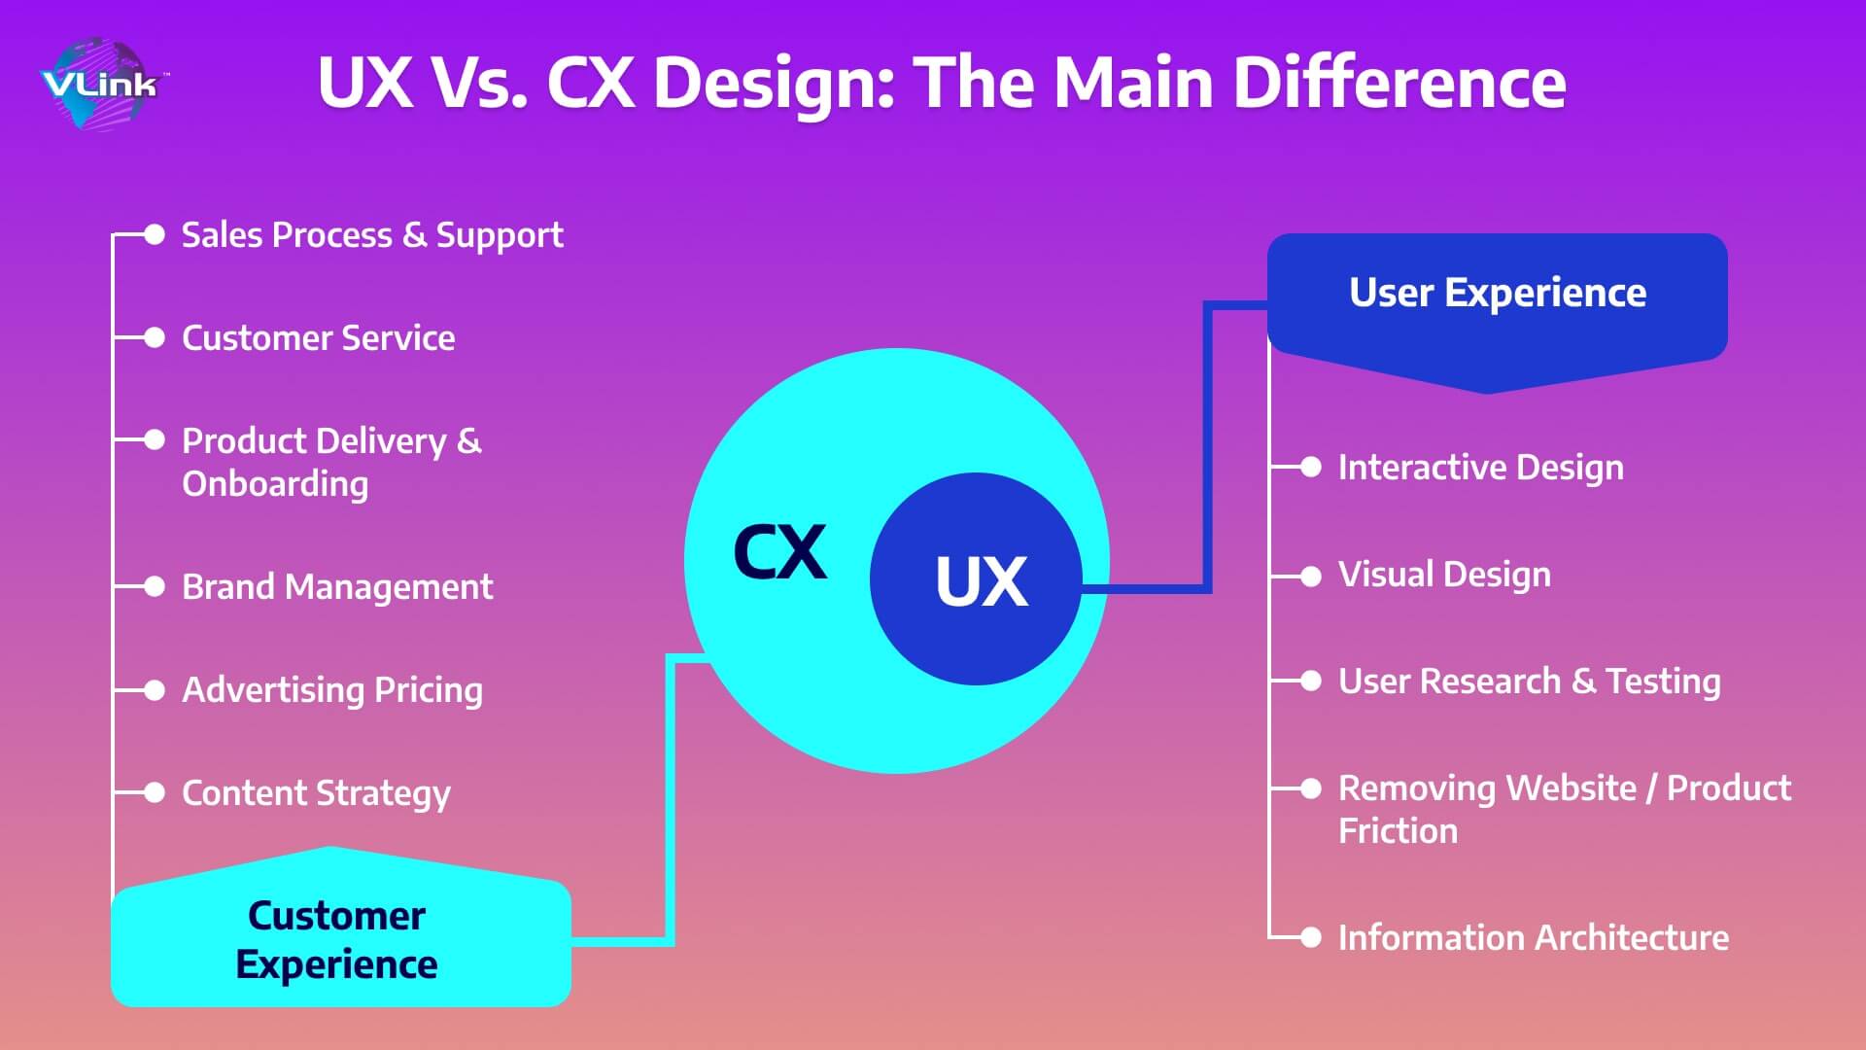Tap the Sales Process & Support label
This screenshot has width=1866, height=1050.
pyautogui.click(x=372, y=236)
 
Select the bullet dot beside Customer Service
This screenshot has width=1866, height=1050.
pyautogui.click(x=155, y=337)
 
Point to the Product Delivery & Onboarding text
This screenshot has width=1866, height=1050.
pyautogui.click(x=331, y=463)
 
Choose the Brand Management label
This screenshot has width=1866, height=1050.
pyautogui.click(x=337, y=587)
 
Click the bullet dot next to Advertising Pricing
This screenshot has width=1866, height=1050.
pyautogui.click(x=155, y=690)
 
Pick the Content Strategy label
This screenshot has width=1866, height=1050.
pyautogui.click(x=316, y=794)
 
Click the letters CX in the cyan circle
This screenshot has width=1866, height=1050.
pyautogui.click(x=780, y=552)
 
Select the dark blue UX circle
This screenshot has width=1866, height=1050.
pyautogui.click(x=976, y=579)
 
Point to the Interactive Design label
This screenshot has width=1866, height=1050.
pyautogui.click(x=1480, y=469)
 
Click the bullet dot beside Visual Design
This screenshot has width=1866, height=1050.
pyautogui.click(x=1311, y=577)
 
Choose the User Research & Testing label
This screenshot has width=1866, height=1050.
pyautogui.click(x=1529, y=682)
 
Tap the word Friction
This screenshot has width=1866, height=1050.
pyautogui.click(x=1398, y=831)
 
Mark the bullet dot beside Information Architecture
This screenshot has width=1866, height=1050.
pyautogui.click(x=1311, y=937)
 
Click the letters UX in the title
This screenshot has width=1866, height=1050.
pyautogui.click(x=364, y=83)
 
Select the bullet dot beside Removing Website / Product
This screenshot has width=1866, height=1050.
pyautogui.click(x=1311, y=788)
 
